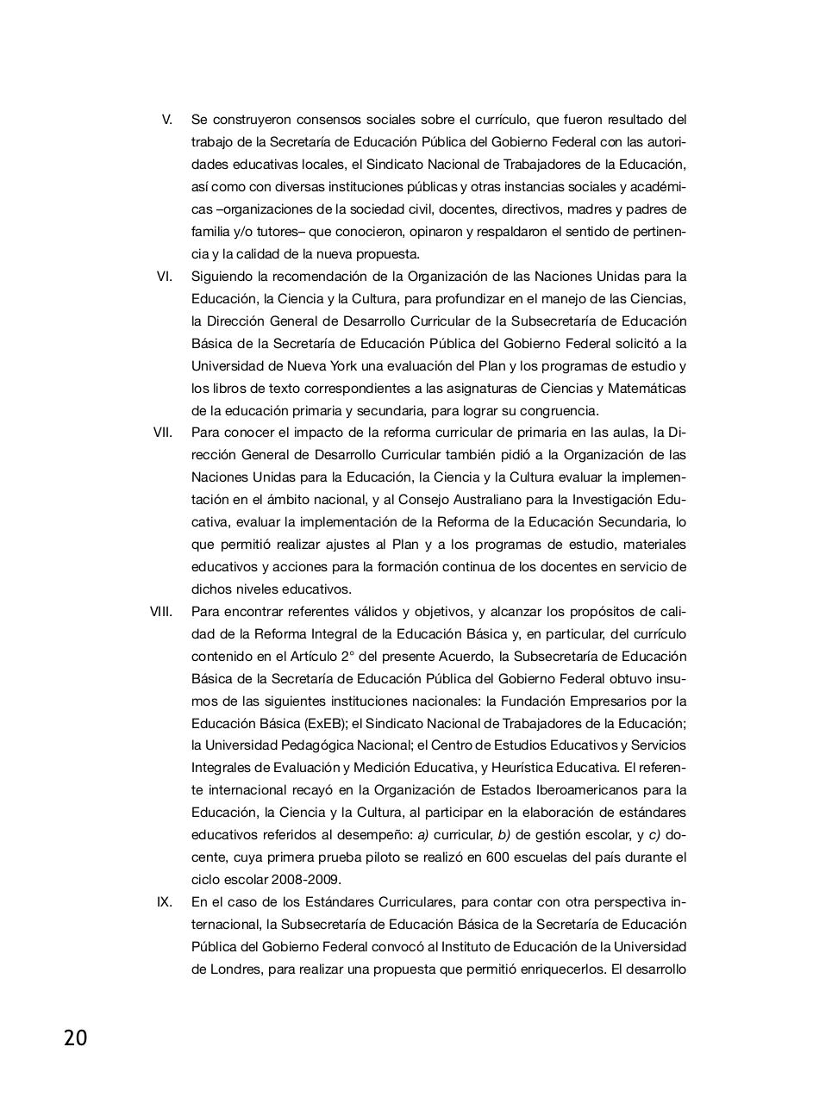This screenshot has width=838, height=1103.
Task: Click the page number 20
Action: coord(75,1038)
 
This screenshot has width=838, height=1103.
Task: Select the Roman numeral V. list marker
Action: coord(166,119)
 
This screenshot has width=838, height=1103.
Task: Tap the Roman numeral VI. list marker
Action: coord(164,276)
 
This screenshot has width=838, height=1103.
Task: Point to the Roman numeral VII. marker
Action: coord(162,432)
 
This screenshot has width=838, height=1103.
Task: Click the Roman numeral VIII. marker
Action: coord(160,611)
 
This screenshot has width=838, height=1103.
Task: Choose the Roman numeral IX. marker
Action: coord(164,901)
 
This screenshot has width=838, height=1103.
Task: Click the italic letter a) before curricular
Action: coord(423,834)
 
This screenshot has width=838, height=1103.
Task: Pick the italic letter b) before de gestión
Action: coord(504,834)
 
